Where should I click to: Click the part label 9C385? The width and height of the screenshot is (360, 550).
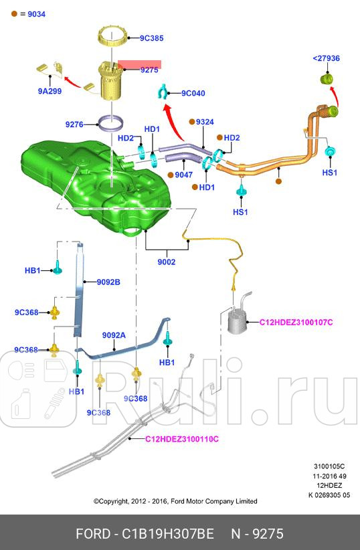(152, 39)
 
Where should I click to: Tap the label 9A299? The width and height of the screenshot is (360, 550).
(50, 91)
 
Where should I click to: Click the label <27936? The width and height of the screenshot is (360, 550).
(326, 58)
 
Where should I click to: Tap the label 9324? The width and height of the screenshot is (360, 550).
(205, 122)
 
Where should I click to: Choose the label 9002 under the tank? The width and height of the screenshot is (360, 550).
(167, 262)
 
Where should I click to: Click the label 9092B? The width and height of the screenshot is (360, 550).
(108, 282)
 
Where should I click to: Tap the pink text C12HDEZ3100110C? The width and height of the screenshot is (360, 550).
(183, 439)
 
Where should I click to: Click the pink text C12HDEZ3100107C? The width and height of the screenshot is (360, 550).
(296, 323)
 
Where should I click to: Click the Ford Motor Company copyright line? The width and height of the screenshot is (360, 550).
(175, 501)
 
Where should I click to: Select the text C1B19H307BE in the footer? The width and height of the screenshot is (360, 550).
(167, 534)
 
